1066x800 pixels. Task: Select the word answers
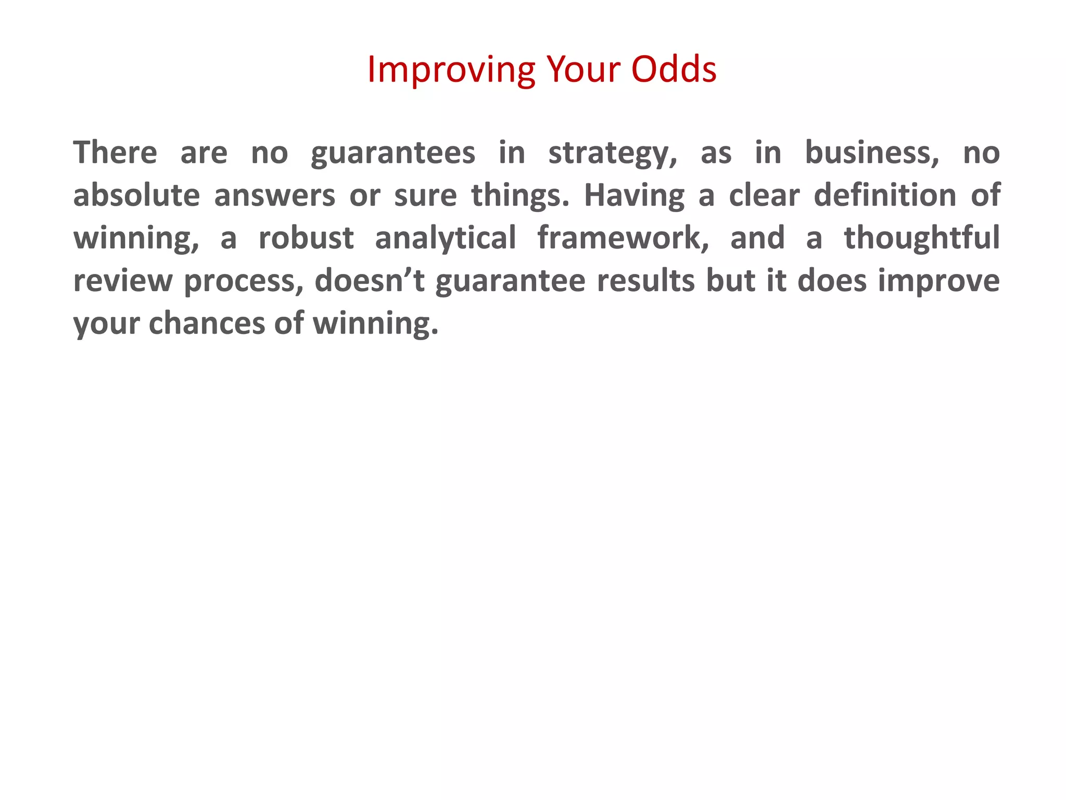(274, 196)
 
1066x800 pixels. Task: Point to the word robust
(306, 238)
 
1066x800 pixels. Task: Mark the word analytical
(446, 238)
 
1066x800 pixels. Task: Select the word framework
(623, 238)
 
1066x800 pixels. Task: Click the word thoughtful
(922, 238)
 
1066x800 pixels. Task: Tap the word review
(123, 281)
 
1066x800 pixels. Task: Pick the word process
(244, 282)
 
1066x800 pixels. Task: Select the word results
(645, 281)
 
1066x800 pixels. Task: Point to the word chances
(207, 323)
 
